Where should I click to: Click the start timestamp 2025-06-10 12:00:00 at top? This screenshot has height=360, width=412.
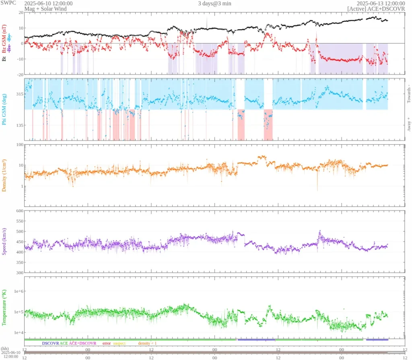(x=48, y=3)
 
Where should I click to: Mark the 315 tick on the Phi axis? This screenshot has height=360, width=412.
(x=18, y=94)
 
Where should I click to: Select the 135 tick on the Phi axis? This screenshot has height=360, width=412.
(x=18, y=125)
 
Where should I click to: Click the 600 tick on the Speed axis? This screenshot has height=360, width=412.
(x=18, y=211)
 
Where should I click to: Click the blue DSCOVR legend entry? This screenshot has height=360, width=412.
(x=50, y=343)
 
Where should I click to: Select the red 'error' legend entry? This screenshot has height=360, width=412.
(x=107, y=343)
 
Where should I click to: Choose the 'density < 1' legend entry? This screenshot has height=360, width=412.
(x=148, y=343)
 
